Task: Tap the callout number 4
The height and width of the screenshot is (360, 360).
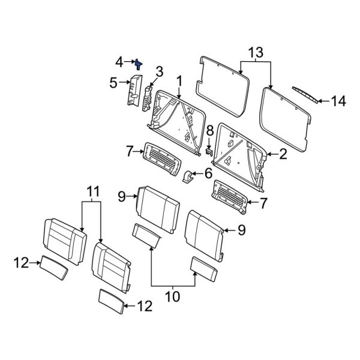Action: pyautogui.click(x=119, y=61)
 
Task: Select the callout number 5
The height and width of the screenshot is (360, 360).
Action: pyautogui.click(x=113, y=84)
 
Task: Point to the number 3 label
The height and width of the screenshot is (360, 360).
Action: pyautogui.click(x=159, y=72)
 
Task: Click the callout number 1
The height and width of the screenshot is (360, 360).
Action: pyautogui.click(x=178, y=80)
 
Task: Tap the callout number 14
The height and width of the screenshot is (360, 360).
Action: pyautogui.click(x=339, y=101)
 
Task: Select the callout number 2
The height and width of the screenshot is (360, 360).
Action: pyautogui.click(x=282, y=154)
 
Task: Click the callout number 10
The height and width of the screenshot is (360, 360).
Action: pyautogui.click(x=172, y=296)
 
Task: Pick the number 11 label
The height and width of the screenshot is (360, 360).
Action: pyautogui.click(x=91, y=192)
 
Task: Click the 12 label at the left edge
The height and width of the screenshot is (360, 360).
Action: pyautogui.click(x=21, y=261)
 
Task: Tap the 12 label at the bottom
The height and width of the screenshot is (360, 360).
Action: pyautogui.click(x=145, y=307)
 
